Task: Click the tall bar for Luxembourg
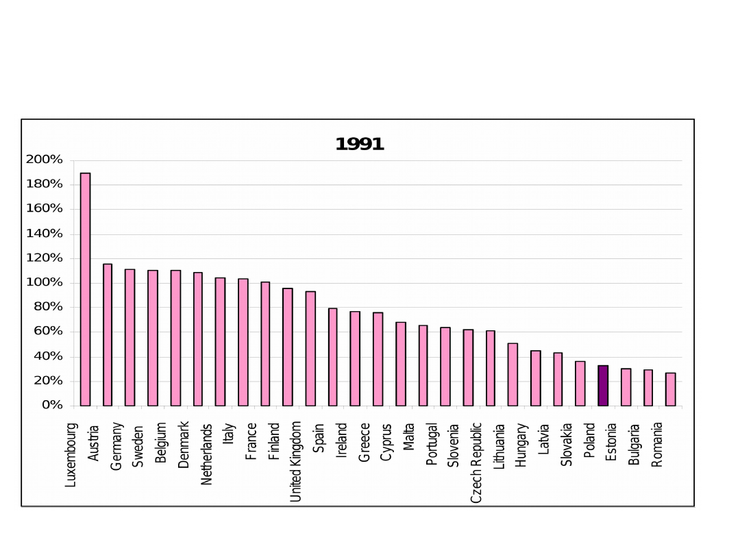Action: click(x=86, y=289)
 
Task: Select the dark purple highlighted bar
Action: click(x=603, y=386)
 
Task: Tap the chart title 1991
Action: click(x=360, y=145)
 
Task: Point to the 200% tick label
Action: click(x=45, y=160)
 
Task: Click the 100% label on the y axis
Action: click(x=45, y=282)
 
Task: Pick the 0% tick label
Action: click(x=52, y=405)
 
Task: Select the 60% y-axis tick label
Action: click(x=48, y=332)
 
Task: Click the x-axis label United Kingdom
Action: click(x=296, y=461)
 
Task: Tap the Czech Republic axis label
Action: click(x=477, y=463)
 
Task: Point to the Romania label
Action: click(x=657, y=445)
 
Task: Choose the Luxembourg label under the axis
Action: click(x=71, y=455)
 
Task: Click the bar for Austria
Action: click(x=108, y=335)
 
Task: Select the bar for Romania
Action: click(x=671, y=389)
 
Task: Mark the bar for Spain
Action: click(x=333, y=357)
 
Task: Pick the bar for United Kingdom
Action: click(x=310, y=349)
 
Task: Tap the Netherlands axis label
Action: click(x=207, y=454)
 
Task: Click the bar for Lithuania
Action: click(x=513, y=375)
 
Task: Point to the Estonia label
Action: click(x=612, y=442)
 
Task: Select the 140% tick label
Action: click(x=45, y=234)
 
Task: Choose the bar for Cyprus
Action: click(x=401, y=364)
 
